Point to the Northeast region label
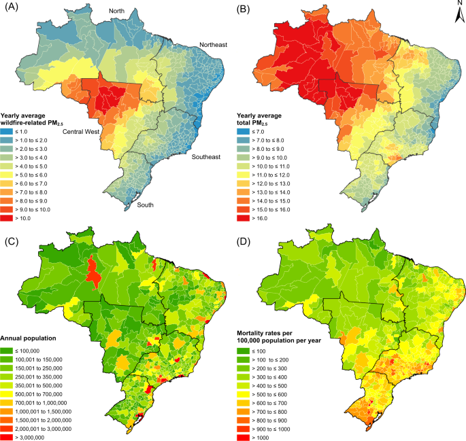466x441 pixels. click(213, 45)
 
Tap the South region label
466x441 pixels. click(145, 205)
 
